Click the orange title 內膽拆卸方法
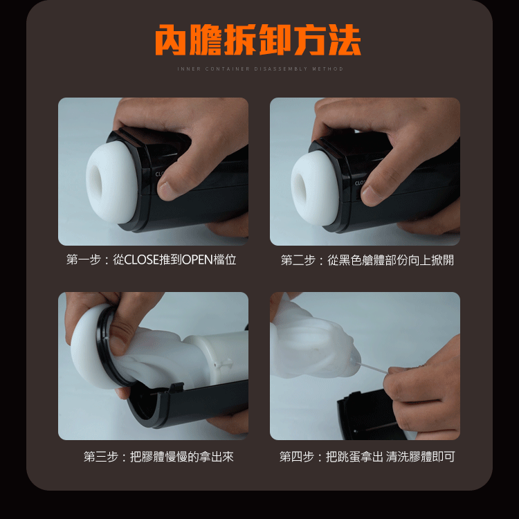[258, 39]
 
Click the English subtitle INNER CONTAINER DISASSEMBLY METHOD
[260, 69]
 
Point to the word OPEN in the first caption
[197, 259]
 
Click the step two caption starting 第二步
[367, 260]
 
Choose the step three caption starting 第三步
[158, 457]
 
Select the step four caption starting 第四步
[367, 457]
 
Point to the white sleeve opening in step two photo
[300, 186]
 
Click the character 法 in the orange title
[345, 39]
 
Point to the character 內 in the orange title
[171, 39]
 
